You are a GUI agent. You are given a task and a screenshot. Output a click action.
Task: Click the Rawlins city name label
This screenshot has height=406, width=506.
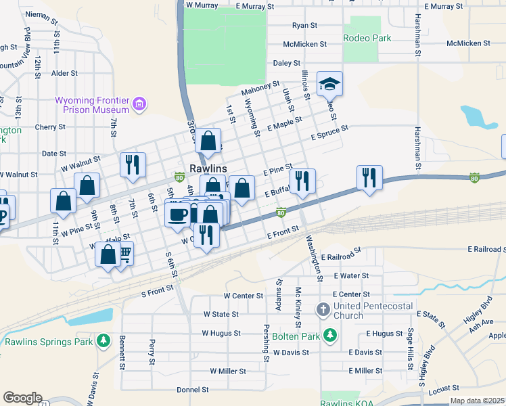coord(207,167)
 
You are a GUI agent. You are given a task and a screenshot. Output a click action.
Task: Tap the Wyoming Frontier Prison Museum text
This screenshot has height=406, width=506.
coord(92,104)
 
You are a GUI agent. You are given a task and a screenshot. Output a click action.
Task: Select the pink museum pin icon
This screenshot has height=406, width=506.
coord(139,104)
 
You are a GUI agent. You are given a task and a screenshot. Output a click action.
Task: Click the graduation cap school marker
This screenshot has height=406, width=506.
coord(329,84)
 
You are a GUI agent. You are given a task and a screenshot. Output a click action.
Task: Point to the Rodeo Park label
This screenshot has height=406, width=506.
coord(366,38)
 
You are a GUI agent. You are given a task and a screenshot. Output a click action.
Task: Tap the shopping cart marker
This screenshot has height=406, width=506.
coord(124,254)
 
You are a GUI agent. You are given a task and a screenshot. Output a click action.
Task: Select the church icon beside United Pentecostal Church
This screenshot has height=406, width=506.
coord(323,310)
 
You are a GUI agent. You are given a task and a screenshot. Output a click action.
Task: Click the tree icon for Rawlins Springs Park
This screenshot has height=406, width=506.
coord(103,340)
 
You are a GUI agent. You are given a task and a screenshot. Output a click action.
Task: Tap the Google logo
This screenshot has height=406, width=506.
coord(22,398)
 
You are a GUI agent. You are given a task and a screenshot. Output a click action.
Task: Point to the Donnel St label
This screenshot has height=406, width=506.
coord(192,390)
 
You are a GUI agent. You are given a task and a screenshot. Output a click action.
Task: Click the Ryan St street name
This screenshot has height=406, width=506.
coord(304,25)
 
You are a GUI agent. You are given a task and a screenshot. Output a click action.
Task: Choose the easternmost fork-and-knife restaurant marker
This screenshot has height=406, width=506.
coord(369,177)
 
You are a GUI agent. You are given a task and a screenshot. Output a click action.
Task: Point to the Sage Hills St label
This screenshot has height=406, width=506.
coord(410,345)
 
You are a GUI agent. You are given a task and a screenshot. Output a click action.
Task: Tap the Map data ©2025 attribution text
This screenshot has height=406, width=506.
coord(477,401)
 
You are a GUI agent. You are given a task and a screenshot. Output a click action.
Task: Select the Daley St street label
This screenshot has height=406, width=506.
coord(286,63)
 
